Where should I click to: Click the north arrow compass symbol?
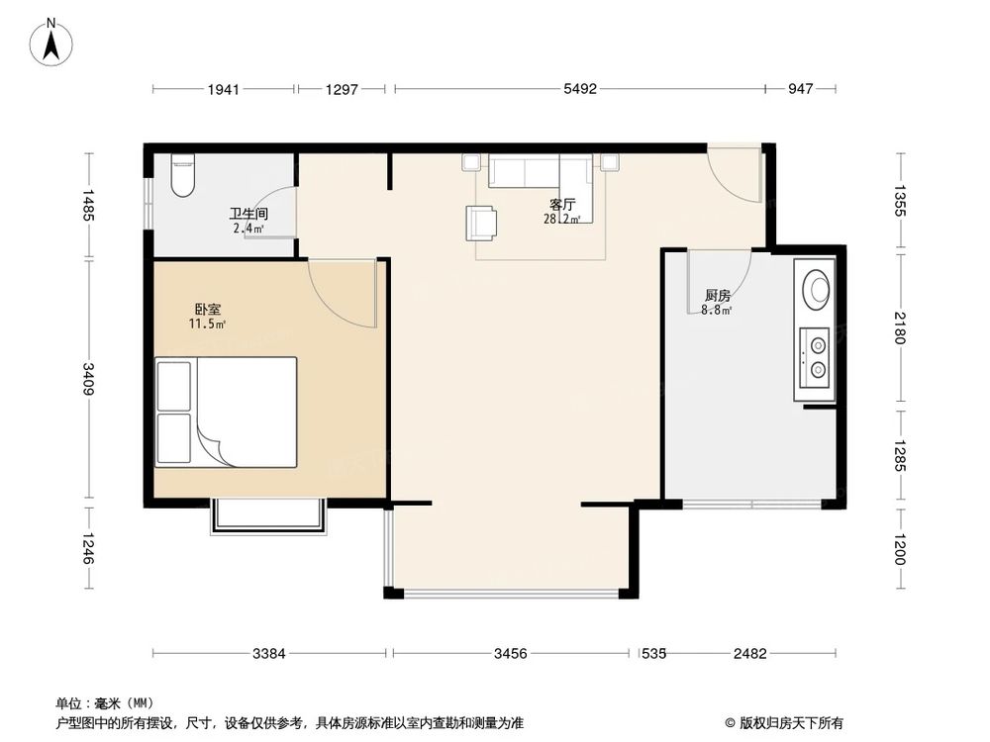53,42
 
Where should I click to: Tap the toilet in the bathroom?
184,175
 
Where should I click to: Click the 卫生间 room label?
247,213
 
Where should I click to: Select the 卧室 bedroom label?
208,309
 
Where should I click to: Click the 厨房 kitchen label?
718,295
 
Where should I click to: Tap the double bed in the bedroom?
227,412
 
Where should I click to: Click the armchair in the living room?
482,223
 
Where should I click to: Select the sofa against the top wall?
525,172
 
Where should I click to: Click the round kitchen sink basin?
818,289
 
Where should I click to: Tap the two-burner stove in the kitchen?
818,357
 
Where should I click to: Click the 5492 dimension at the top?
580,90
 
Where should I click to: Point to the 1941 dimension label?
224,90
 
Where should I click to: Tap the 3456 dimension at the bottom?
511,653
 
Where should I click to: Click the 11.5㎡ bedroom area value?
208,324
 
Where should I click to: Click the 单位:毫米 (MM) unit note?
103,703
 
